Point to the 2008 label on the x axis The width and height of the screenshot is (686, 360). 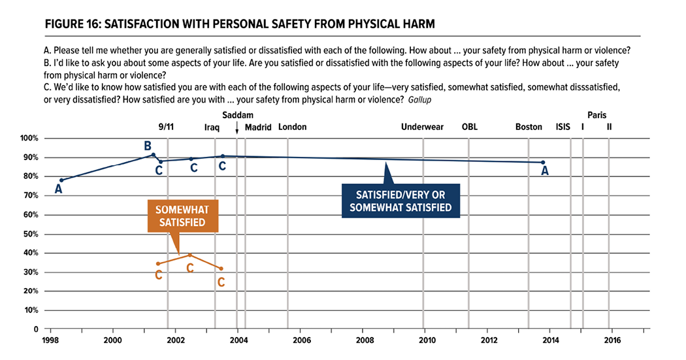[365, 340]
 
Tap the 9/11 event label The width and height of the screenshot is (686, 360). [167, 127]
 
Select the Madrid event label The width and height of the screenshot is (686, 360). [258, 127]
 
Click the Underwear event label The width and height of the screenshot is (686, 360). [422, 127]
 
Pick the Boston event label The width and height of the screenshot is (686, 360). [529, 127]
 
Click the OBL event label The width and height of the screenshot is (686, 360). [469, 127]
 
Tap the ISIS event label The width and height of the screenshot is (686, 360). [563, 127]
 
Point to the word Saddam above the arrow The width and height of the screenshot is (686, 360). [237, 116]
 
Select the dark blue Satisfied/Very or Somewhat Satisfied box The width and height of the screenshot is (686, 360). [401, 201]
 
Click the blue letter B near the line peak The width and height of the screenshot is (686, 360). [148, 145]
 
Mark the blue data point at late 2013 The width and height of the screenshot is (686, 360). [543, 162]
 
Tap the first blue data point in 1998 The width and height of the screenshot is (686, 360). [61, 180]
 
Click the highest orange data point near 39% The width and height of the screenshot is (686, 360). [190, 255]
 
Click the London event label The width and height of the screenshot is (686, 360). [292, 127]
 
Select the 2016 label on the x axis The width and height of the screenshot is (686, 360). [612, 340]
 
